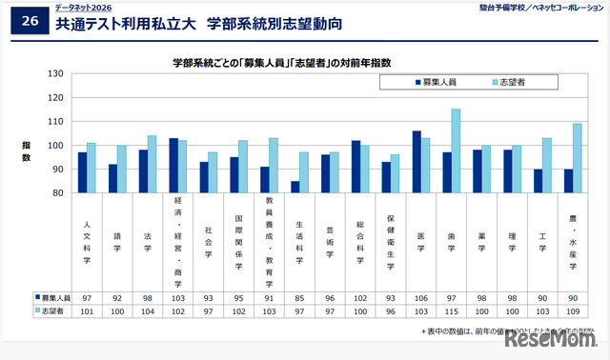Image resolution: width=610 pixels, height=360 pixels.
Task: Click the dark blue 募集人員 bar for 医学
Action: (417, 162)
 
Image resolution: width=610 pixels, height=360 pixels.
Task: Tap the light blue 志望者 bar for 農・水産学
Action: (577, 158)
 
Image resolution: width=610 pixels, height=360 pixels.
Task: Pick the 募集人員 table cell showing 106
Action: (420, 297)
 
